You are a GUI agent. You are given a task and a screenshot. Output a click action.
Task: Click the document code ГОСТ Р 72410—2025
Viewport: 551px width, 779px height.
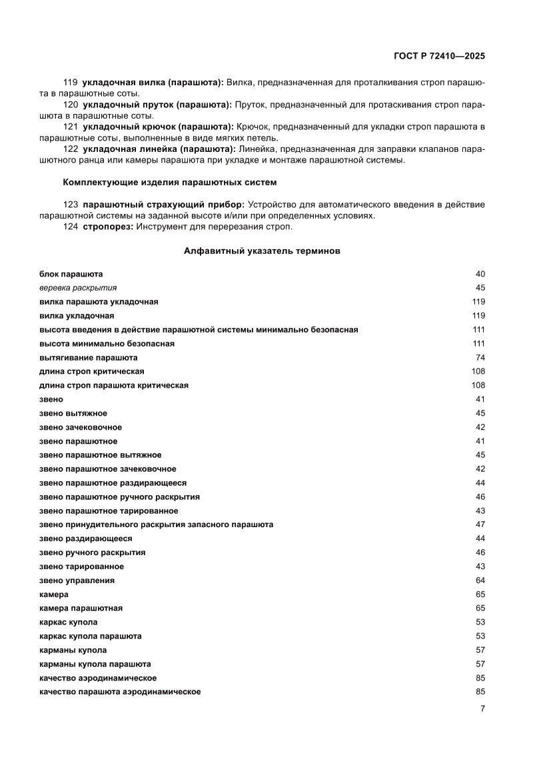pyautogui.click(x=438, y=56)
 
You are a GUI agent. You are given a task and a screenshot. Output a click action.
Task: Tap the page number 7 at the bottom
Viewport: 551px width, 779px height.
pyautogui.click(x=482, y=708)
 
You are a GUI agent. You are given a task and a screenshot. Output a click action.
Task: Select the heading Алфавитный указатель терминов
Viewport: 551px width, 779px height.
pyautogui.click(x=262, y=251)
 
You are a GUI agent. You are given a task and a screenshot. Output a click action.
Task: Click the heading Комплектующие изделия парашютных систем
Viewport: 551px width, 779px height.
pyautogui.click(x=169, y=182)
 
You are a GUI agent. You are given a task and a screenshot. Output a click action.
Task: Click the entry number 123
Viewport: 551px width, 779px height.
pyautogui.click(x=70, y=204)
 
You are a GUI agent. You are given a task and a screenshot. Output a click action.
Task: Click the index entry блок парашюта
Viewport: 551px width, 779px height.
pyautogui.click(x=71, y=274)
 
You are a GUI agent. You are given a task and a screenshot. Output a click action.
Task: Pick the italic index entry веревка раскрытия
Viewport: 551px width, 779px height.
pyautogui.click(x=78, y=288)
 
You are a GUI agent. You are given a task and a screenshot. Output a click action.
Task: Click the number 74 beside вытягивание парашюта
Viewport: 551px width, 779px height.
pyautogui.click(x=480, y=358)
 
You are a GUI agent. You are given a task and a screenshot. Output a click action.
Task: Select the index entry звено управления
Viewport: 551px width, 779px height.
pyautogui.click(x=77, y=580)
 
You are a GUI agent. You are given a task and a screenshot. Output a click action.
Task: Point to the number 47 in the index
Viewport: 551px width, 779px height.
pyautogui.click(x=480, y=524)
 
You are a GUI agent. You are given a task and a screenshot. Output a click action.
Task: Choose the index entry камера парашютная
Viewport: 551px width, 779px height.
pyautogui.click(x=81, y=608)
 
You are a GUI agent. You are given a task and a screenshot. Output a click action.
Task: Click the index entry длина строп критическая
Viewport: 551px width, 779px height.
pyautogui.click(x=92, y=371)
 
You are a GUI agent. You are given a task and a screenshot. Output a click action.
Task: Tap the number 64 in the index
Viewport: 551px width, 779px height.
pyautogui.click(x=480, y=580)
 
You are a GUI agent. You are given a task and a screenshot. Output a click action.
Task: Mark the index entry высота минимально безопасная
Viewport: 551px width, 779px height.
pyautogui.click(x=107, y=344)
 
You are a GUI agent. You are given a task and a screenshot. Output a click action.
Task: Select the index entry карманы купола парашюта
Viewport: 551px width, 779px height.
pyautogui.click(x=95, y=664)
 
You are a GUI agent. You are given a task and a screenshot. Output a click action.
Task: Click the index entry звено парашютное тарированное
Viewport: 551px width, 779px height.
pyautogui.click(x=109, y=510)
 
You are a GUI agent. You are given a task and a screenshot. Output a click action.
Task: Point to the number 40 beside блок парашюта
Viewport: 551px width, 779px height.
pyautogui.click(x=480, y=274)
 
